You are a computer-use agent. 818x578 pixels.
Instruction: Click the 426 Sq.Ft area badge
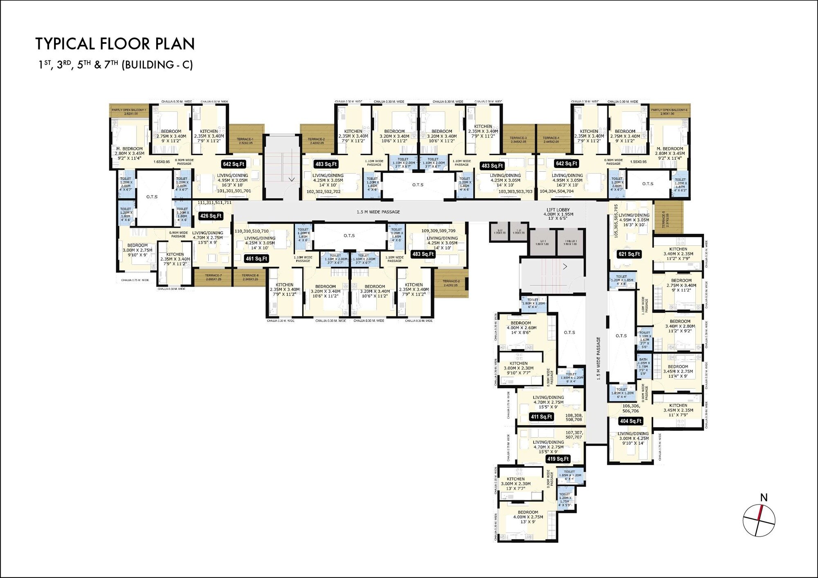[211, 216]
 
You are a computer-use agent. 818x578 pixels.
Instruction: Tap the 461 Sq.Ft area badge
[256, 259]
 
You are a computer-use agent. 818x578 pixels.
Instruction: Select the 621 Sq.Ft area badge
[629, 254]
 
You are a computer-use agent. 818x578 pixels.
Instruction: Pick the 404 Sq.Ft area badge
[630, 421]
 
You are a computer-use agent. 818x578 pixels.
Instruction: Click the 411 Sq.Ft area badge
[541, 417]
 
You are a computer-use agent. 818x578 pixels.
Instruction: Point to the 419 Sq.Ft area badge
[558, 459]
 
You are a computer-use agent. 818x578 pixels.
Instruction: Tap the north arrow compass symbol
[759, 520]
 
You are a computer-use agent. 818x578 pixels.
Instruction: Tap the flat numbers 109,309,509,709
[438, 231]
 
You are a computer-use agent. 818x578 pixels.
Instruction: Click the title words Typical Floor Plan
[115, 44]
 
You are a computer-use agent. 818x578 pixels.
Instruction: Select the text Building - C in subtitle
[157, 65]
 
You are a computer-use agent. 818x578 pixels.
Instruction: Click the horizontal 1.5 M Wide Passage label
[378, 212]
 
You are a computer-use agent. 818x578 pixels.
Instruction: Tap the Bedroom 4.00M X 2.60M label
[521, 327]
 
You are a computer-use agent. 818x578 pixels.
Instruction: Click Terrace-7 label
[213, 277]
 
